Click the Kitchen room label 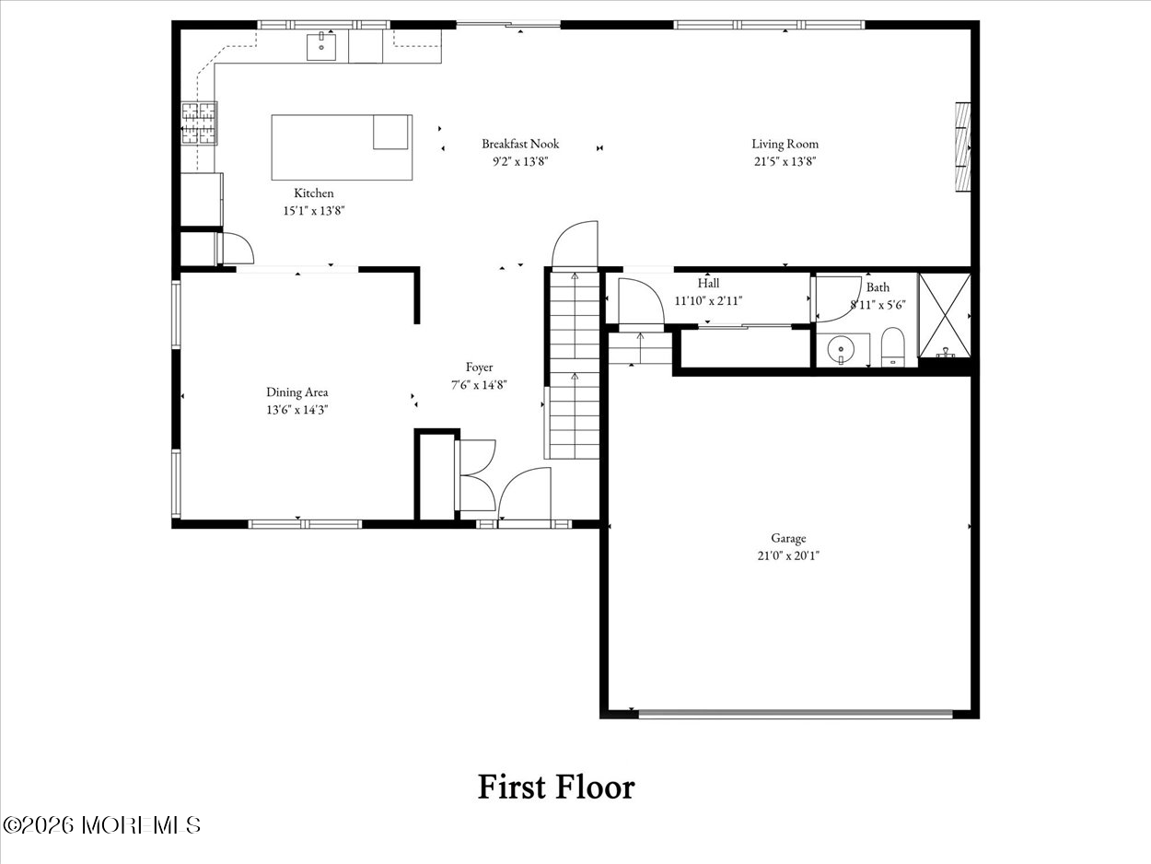pyautogui.click(x=314, y=193)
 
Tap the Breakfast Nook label pyautogui.click(x=520, y=144)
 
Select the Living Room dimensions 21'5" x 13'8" pyautogui.click(x=785, y=161)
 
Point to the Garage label pyautogui.click(x=788, y=538)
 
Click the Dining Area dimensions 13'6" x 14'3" pyautogui.click(x=296, y=410)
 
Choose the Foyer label pyautogui.click(x=479, y=368)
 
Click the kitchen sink pyautogui.click(x=321, y=46)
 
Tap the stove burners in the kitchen pyautogui.click(x=199, y=123)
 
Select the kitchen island pyautogui.click(x=342, y=147)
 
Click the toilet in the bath pyautogui.click(x=892, y=346)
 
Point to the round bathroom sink pyautogui.click(x=841, y=348)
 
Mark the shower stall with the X pyautogui.click(x=945, y=315)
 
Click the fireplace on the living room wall pyautogui.click(x=963, y=146)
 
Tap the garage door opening pyautogui.click(x=796, y=714)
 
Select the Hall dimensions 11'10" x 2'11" pyautogui.click(x=708, y=301)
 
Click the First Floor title pyautogui.click(x=556, y=787)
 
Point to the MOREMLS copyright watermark pyautogui.click(x=101, y=825)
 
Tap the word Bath pyautogui.click(x=878, y=287)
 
